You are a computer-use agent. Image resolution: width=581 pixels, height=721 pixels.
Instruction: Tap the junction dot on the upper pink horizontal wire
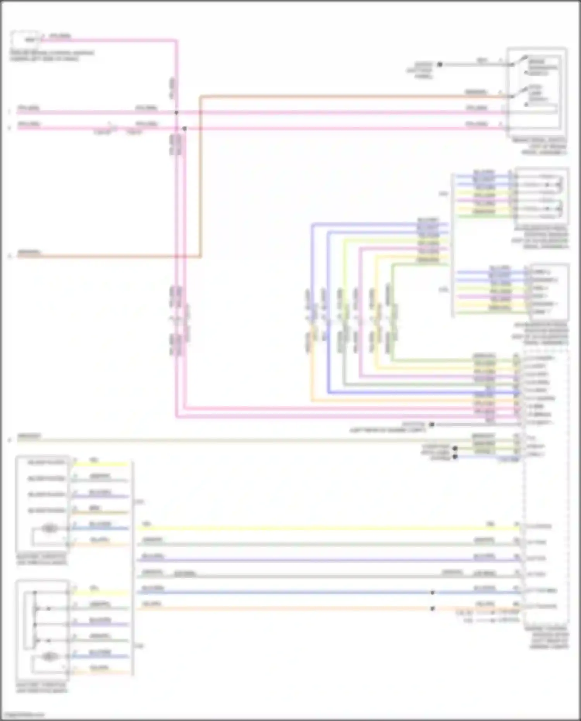176,113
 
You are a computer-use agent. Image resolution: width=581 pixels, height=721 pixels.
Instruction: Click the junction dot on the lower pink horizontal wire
184,128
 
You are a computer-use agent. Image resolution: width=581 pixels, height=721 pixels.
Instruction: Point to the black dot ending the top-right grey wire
440,65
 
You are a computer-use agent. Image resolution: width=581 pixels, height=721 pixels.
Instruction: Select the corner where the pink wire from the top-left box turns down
176,40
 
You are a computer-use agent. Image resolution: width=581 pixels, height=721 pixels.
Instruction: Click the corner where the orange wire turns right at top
201,96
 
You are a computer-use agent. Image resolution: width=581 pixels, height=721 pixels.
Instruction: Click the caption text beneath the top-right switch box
542,146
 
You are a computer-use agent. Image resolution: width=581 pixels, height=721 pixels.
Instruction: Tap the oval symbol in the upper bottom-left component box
50,528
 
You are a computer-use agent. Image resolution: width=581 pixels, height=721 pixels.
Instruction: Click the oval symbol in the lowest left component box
49,656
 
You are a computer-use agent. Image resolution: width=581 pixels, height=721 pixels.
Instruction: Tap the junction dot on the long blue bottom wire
432,593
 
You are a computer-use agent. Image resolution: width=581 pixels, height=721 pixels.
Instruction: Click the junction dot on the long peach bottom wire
432,609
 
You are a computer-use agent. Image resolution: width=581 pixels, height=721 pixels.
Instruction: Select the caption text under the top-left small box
50,56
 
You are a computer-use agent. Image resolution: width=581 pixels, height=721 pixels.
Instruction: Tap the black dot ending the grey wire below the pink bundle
431,425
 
